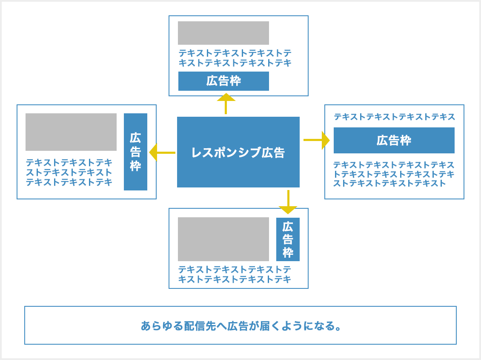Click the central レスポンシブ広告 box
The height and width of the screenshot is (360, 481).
coord(238,152)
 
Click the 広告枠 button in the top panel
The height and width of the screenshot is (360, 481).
coord(223,81)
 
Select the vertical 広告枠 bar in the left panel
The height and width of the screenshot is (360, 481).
coord(135,152)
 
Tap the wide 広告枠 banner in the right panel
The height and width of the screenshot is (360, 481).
coord(394,140)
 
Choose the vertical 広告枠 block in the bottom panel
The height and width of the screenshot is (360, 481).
coord(288,239)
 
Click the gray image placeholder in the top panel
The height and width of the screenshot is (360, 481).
coord(223,33)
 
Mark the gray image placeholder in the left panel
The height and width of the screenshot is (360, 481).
coord(71,132)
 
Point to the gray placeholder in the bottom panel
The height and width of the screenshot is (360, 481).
coord(223,239)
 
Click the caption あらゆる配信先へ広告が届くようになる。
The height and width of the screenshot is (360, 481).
coord(241,326)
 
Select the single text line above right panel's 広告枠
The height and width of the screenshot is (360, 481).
coord(394,117)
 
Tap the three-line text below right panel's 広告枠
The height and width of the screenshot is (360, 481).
coord(394,174)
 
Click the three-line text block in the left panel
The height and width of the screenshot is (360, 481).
coord(69,173)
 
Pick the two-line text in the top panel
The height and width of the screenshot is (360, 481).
coord(235,58)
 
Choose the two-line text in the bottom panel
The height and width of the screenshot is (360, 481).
coord(235,274)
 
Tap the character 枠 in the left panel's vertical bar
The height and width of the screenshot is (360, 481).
coord(135,166)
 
